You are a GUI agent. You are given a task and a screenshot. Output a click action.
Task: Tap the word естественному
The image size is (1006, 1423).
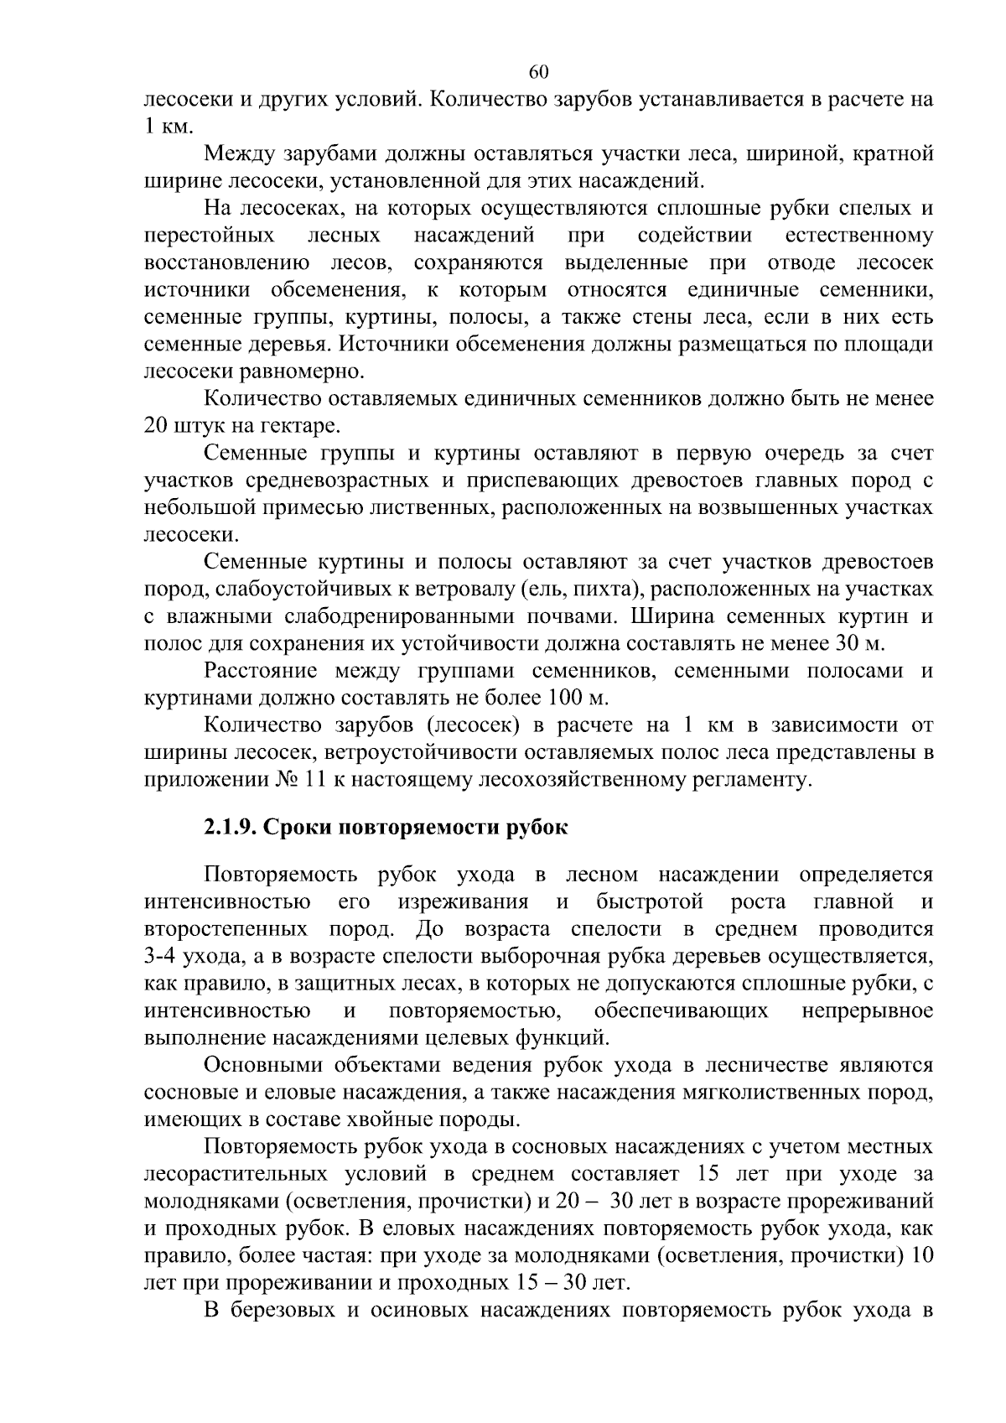[860, 236]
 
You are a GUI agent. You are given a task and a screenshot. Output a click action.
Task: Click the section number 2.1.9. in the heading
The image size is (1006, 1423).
[231, 828]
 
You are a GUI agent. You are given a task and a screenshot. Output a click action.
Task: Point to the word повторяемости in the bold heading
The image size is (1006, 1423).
[421, 828]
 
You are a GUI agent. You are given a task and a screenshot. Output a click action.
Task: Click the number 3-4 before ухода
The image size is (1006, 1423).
[163, 957]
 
